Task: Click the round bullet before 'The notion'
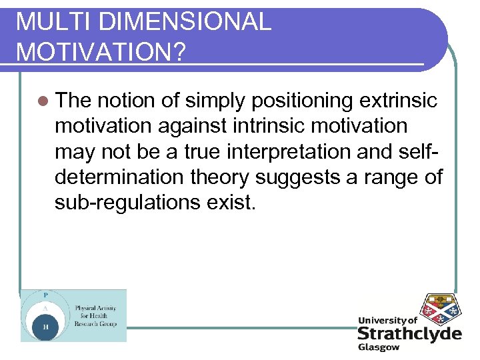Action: point(43,101)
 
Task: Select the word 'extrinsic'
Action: point(398,101)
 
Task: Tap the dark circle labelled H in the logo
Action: point(45,327)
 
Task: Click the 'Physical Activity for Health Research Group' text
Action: point(95,315)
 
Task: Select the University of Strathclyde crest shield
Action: point(438,309)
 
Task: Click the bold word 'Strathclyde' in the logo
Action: point(409,333)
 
